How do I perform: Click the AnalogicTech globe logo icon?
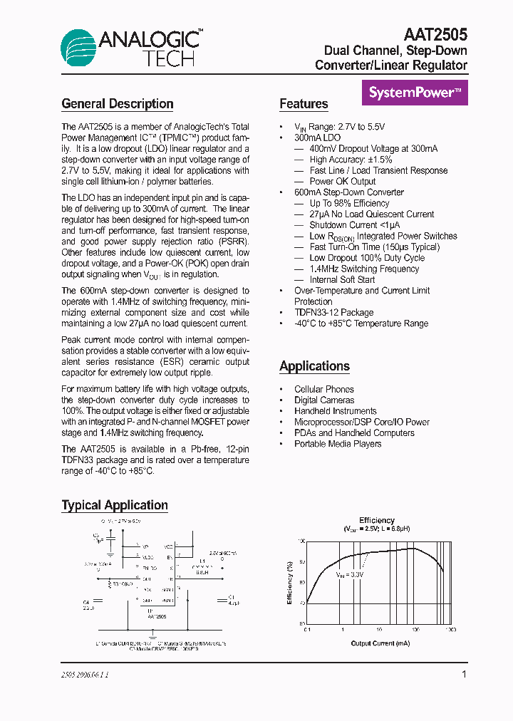click(81, 48)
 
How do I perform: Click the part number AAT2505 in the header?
click(435, 35)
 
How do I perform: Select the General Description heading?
click(118, 104)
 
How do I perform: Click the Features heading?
click(304, 104)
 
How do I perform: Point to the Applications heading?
click(314, 366)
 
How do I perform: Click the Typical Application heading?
click(115, 505)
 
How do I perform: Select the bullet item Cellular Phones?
click(323, 389)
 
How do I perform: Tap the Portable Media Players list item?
click(338, 444)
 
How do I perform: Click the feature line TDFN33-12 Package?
click(333, 313)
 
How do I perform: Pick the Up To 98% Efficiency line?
click(349, 203)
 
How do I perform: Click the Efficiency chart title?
click(377, 521)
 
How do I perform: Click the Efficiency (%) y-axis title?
click(290, 582)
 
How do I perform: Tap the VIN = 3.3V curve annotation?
click(350, 574)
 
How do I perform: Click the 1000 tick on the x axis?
click(450, 631)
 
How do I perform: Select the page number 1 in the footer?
click(464, 674)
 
